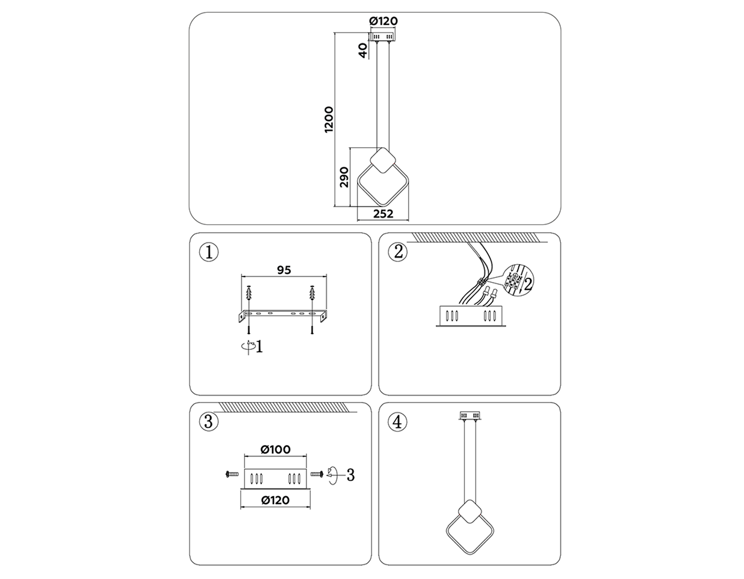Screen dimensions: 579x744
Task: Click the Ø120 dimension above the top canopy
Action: [383, 21]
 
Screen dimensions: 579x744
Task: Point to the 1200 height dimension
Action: [329, 120]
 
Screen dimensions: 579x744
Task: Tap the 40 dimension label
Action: [363, 50]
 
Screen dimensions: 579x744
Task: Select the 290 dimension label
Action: [344, 177]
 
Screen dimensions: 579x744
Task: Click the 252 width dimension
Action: [383, 214]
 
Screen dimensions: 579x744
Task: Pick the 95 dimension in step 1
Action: [284, 270]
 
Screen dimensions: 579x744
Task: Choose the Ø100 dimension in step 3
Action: [276, 449]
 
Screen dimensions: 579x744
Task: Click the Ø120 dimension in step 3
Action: [276, 500]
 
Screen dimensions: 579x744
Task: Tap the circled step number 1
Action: [209, 252]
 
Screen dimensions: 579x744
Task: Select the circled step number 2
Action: [398, 251]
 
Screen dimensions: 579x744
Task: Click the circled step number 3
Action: [209, 422]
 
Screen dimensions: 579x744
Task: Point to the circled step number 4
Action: [398, 422]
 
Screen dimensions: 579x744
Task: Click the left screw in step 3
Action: [232, 474]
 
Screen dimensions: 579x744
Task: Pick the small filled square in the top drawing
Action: [383, 160]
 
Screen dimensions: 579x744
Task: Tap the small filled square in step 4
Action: [470, 512]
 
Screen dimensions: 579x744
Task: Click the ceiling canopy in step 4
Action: [470, 415]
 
